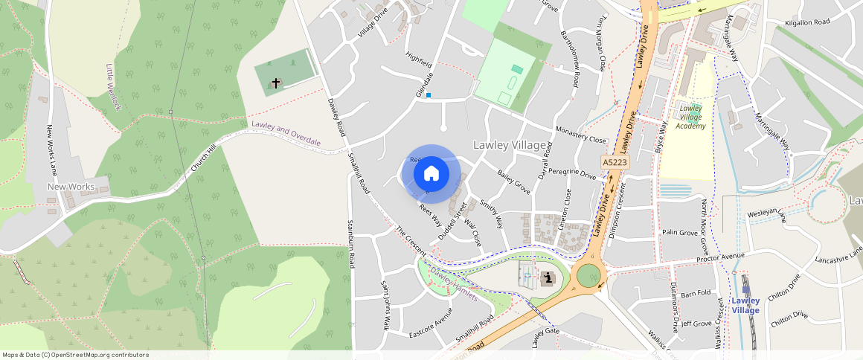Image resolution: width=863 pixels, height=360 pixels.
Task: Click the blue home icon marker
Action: coord(431,174)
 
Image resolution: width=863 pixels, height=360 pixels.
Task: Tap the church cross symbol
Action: coord(276,83)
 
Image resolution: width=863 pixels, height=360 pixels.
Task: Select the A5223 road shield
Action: coord(615,161)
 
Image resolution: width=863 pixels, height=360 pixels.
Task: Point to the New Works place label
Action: coord(71,185)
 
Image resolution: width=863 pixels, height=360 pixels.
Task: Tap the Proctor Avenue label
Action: coord(720,257)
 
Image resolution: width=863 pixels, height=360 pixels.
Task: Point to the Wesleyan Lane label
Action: coord(766,216)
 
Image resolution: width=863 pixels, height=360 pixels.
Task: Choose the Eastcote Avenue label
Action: coord(431,327)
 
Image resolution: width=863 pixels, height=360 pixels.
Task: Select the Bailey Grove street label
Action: coord(513,182)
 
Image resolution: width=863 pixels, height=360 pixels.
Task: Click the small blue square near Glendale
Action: coord(429,95)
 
